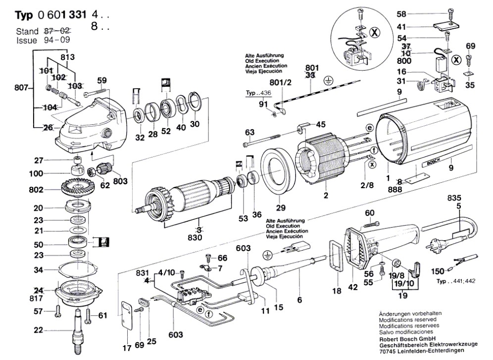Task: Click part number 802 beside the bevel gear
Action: (x=44, y=190)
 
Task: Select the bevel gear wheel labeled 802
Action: (x=76, y=188)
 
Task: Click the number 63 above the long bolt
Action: (x=249, y=132)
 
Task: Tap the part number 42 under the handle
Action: (x=353, y=287)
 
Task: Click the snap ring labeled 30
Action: (x=195, y=102)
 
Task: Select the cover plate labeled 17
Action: (x=127, y=315)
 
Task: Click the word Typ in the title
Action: (x=24, y=15)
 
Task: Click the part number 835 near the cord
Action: (x=454, y=198)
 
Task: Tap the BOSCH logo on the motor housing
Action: (x=434, y=161)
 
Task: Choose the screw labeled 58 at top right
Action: (x=451, y=15)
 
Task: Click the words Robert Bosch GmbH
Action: (x=407, y=339)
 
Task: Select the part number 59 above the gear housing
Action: (x=102, y=81)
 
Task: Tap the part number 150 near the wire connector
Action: (x=438, y=271)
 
